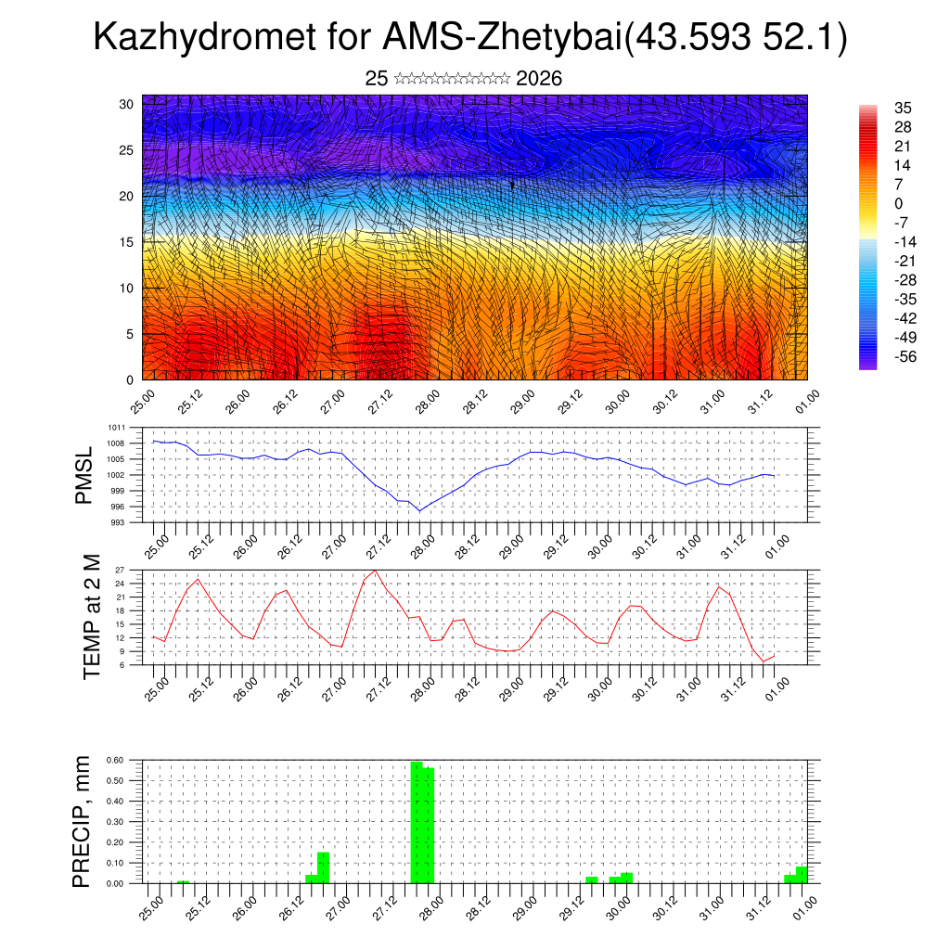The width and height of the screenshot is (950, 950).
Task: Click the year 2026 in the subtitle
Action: pyautogui.click(x=538, y=79)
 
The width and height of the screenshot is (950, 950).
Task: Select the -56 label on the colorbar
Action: pyautogui.click(x=902, y=356)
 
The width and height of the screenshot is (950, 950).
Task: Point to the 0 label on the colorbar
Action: pyautogui.click(x=898, y=203)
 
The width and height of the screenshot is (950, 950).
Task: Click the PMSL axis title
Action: pyautogui.click(x=84, y=475)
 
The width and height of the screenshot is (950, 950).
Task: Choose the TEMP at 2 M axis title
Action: pyautogui.click(x=91, y=616)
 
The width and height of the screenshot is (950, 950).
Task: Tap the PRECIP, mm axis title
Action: pyautogui.click(x=84, y=822)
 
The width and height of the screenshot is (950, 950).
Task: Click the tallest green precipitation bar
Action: pyautogui.click(x=417, y=822)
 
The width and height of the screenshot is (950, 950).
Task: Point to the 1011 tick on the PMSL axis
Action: pyautogui.click(x=117, y=428)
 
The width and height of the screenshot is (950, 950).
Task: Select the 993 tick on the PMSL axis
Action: pyautogui.click(x=119, y=522)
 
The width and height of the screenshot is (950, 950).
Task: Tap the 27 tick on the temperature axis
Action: pyautogui.click(x=121, y=570)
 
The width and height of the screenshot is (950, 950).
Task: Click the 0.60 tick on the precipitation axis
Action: pyautogui.click(x=115, y=760)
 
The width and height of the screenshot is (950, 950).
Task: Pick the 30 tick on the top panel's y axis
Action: pyautogui.click(x=126, y=104)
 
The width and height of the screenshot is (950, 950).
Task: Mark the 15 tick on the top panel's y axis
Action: pyautogui.click(x=126, y=242)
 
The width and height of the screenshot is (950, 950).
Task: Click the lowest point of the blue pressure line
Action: pyautogui.click(x=418, y=511)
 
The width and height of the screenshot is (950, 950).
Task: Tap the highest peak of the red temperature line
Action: pyautogui.click(x=375, y=571)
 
